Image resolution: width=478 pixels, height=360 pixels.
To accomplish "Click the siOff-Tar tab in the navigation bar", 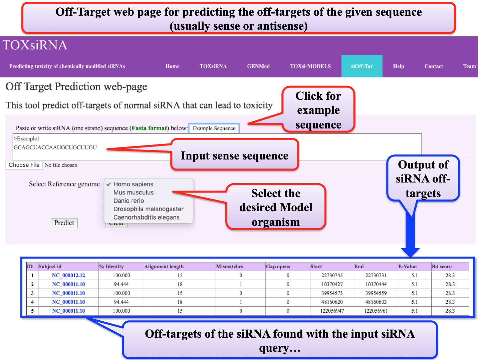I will [x=362, y=66].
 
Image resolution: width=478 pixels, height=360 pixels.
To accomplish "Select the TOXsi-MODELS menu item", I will [x=310, y=66].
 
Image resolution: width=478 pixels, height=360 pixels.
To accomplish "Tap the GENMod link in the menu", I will [x=258, y=66].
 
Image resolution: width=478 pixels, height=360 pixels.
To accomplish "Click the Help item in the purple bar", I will [x=398, y=66].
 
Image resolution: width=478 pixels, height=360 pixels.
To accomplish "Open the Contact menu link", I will [x=434, y=66].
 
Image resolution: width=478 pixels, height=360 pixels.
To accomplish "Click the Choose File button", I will [x=24, y=165].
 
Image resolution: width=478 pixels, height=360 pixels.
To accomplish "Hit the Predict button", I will [x=64, y=223].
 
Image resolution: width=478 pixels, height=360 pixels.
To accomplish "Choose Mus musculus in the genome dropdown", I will [x=134, y=193].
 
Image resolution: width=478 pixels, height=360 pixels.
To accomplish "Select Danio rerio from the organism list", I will [x=129, y=201].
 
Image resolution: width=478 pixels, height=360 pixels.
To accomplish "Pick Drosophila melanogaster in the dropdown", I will [x=148, y=209].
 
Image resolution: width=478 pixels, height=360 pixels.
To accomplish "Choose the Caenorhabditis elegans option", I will [x=146, y=218].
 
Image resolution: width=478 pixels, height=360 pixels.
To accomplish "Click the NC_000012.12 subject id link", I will [x=68, y=276].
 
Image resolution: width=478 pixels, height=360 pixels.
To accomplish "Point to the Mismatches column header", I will [x=230, y=267].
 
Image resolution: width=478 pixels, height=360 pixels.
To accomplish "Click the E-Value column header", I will [x=407, y=267].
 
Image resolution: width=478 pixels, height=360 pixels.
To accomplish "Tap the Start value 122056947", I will [x=332, y=311].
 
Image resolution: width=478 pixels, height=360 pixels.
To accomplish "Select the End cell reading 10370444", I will [x=376, y=284].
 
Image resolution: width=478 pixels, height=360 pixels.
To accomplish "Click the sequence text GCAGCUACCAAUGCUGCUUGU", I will [x=55, y=147].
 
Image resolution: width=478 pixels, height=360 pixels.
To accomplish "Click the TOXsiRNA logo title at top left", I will [x=35, y=45].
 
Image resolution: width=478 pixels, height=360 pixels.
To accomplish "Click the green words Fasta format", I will [x=149, y=128].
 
